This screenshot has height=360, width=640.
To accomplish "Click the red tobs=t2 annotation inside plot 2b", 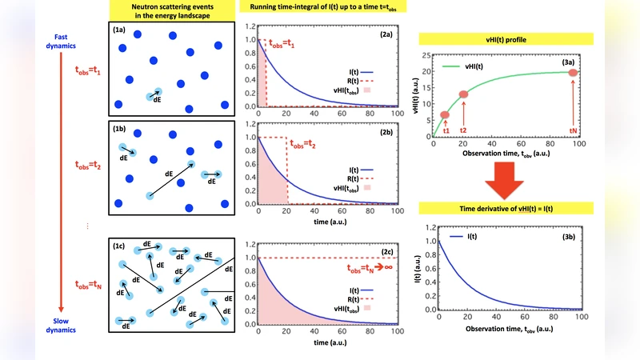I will coord(309,146).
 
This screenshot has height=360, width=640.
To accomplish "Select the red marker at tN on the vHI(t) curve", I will coord(574,74).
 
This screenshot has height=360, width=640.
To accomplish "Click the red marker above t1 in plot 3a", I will coord(445,115).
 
